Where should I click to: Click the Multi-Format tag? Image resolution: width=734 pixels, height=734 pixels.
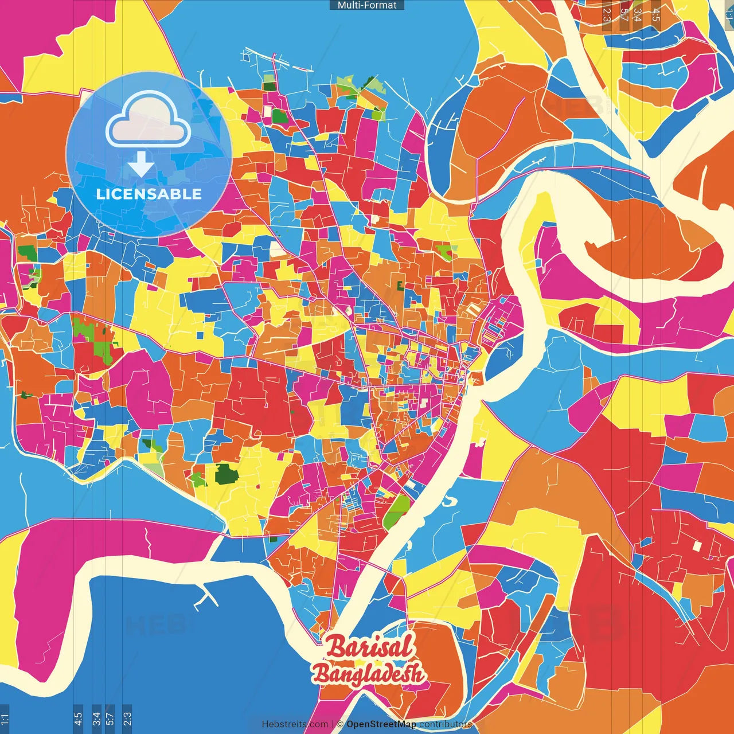[x=367, y=5]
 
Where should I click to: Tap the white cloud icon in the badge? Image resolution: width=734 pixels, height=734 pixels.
[x=148, y=122]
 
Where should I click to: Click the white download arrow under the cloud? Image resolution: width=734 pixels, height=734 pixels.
[x=141, y=164]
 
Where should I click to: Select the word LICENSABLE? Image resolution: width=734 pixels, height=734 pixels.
[x=149, y=194]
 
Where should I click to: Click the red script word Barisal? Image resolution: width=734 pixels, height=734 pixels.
[x=369, y=647]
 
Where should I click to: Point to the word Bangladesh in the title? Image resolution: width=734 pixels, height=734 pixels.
[x=368, y=674]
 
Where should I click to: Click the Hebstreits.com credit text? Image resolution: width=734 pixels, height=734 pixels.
[x=295, y=724]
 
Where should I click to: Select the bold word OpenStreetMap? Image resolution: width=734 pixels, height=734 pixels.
[x=381, y=724]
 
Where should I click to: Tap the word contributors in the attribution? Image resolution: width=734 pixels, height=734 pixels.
[x=446, y=724]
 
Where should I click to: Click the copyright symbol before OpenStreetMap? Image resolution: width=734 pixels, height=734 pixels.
[x=340, y=724]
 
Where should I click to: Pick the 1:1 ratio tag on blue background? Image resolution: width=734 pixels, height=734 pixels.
[x=5, y=719]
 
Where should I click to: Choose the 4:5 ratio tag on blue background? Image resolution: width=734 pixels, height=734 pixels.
[x=78, y=719]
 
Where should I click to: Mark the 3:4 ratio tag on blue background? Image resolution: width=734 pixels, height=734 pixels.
[x=96, y=719]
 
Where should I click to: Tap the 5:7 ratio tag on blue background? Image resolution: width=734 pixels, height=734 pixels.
[x=110, y=719]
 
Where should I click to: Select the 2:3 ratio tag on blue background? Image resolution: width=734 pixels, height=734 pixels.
[x=127, y=719]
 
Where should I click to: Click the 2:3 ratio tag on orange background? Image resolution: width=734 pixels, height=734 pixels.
[x=607, y=14]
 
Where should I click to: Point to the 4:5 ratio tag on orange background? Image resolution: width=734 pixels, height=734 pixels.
[x=656, y=14]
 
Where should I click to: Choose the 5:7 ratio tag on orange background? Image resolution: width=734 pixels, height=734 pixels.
[x=624, y=14]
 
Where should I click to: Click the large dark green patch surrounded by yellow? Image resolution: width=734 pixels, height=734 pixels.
[x=227, y=474]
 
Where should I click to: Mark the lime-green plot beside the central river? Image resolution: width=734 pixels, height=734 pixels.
[x=397, y=512]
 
